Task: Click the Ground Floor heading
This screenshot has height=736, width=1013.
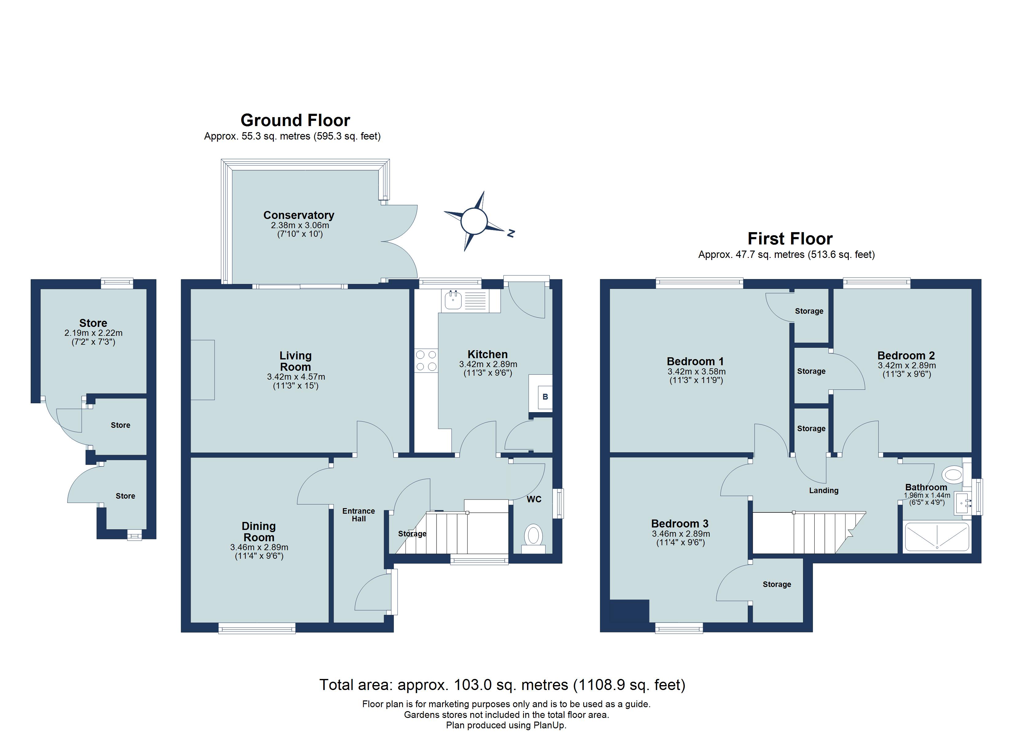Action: (x=295, y=121)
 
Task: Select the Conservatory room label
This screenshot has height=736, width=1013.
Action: (x=298, y=215)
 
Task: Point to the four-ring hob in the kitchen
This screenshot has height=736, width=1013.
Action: (x=426, y=361)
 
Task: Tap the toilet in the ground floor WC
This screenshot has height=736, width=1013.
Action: (x=533, y=536)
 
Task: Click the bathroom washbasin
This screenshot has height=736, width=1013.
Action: (x=962, y=504)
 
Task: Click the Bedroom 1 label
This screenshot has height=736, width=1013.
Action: (x=695, y=362)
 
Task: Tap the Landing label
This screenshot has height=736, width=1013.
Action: (x=824, y=491)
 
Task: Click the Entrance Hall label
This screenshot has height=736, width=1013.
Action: (x=359, y=515)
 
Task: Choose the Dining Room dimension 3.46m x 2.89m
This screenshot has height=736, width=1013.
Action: (x=259, y=547)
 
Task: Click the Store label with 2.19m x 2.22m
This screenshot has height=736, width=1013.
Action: (x=93, y=323)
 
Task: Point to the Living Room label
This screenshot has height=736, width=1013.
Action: (x=295, y=361)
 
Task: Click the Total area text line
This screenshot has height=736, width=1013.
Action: (x=502, y=685)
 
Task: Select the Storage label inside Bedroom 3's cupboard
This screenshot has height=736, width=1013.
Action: (x=777, y=584)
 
